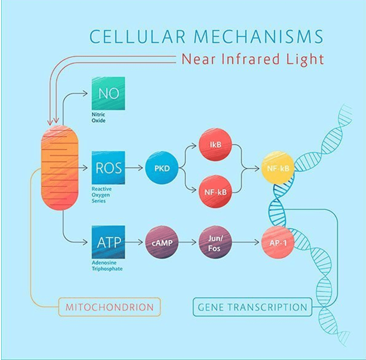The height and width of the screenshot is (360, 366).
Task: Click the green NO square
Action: point(108,93)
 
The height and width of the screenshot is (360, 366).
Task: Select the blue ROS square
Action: point(108,167)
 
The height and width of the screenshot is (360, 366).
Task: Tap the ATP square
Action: point(108,242)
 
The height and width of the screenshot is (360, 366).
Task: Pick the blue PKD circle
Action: point(162,168)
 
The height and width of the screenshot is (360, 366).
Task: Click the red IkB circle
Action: point(215,145)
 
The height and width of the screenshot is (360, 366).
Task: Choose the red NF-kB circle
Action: point(215,191)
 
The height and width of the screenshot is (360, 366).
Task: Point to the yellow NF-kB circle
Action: point(278,168)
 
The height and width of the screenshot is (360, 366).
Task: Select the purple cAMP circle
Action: point(162,243)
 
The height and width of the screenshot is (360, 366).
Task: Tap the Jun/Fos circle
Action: point(215,243)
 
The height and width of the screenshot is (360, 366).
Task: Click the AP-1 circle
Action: point(278,243)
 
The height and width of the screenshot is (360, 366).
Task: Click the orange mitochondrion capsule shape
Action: point(60,167)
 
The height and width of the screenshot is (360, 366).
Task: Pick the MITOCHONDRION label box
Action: point(109,307)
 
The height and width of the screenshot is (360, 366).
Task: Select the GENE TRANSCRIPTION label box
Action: point(253,307)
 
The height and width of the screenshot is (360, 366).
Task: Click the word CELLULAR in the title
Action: point(137,37)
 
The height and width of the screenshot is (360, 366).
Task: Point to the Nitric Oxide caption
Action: point(99,117)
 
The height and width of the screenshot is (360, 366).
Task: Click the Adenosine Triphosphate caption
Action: point(107,266)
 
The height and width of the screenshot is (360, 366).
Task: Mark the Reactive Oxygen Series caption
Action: point(102,195)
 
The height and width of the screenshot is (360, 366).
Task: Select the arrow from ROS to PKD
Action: point(134,167)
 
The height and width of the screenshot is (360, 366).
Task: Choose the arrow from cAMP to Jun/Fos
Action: point(187,243)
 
